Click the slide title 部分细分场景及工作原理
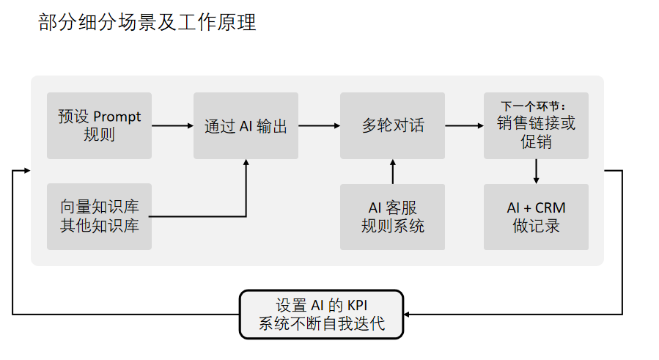click(147, 23)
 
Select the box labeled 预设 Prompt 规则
click(99, 125)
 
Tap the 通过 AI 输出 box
click(246, 125)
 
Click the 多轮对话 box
click(392, 125)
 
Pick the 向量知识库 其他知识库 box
click(99, 216)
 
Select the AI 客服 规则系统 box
click(392, 216)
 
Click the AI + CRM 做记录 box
click(536, 216)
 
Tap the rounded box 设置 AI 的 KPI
click(322, 315)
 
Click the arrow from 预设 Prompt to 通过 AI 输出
click(172, 125)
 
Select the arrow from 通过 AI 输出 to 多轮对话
click(319, 125)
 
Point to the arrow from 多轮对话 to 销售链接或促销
click(464, 125)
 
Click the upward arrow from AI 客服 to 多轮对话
click(393, 172)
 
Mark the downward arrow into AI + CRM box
click(537, 172)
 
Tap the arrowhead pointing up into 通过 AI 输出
click(246, 164)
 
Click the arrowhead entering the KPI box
click(408, 315)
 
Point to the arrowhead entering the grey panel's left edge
click(26, 170)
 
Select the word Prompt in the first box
click(117, 117)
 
